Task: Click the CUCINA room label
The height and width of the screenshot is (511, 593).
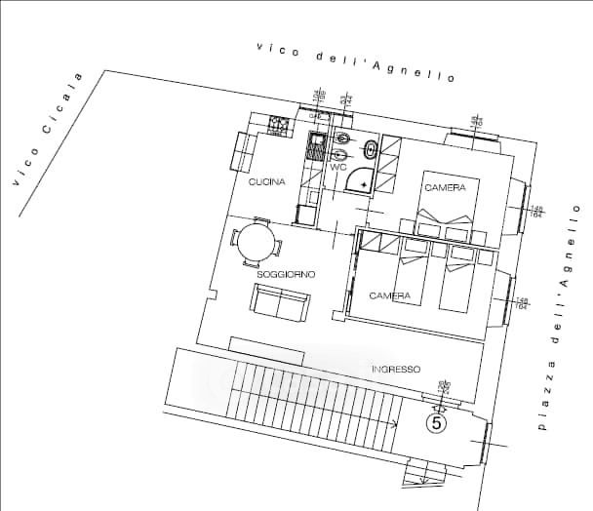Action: tap(266, 182)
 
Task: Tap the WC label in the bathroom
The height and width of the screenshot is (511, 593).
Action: tap(338, 168)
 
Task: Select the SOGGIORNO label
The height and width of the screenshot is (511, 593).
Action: tap(285, 275)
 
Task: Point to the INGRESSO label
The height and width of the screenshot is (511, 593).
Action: tap(395, 370)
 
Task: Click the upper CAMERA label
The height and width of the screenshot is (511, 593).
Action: tap(445, 186)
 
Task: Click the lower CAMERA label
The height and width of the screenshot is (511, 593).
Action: tap(388, 295)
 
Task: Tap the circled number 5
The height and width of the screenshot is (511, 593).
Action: tap(436, 423)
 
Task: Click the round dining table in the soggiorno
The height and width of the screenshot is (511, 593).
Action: tap(257, 243)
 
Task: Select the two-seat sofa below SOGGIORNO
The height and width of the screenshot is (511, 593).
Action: tap(280, 303)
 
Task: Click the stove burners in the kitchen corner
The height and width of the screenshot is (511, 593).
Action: tap(279, 125)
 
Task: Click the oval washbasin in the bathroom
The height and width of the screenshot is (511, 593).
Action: tap(372, 149)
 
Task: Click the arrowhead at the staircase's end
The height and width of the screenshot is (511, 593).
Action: tap(395, 423)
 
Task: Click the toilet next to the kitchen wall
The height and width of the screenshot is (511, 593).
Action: tap(341, 138)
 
